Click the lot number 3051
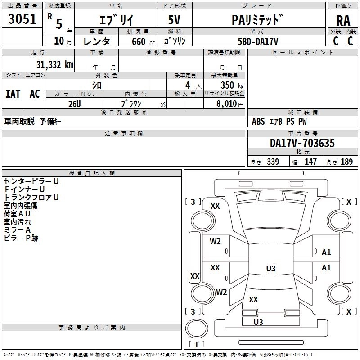[x=22, y=19]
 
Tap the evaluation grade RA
[x=343, y=20]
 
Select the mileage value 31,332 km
[x=54, y=64]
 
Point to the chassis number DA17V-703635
[x=302, y=143]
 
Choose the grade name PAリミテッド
[x=258, y=20]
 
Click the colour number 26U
[x=74, y=103]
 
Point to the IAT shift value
[x=13, y=94]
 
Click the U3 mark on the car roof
[x=270, y=269]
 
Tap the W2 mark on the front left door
[x=215, y=241]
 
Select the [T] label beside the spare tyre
[x=197, y=344]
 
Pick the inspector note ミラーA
[x=17, y=230]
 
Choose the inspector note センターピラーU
[x=31, y=181]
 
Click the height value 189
[x=346, y=162]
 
